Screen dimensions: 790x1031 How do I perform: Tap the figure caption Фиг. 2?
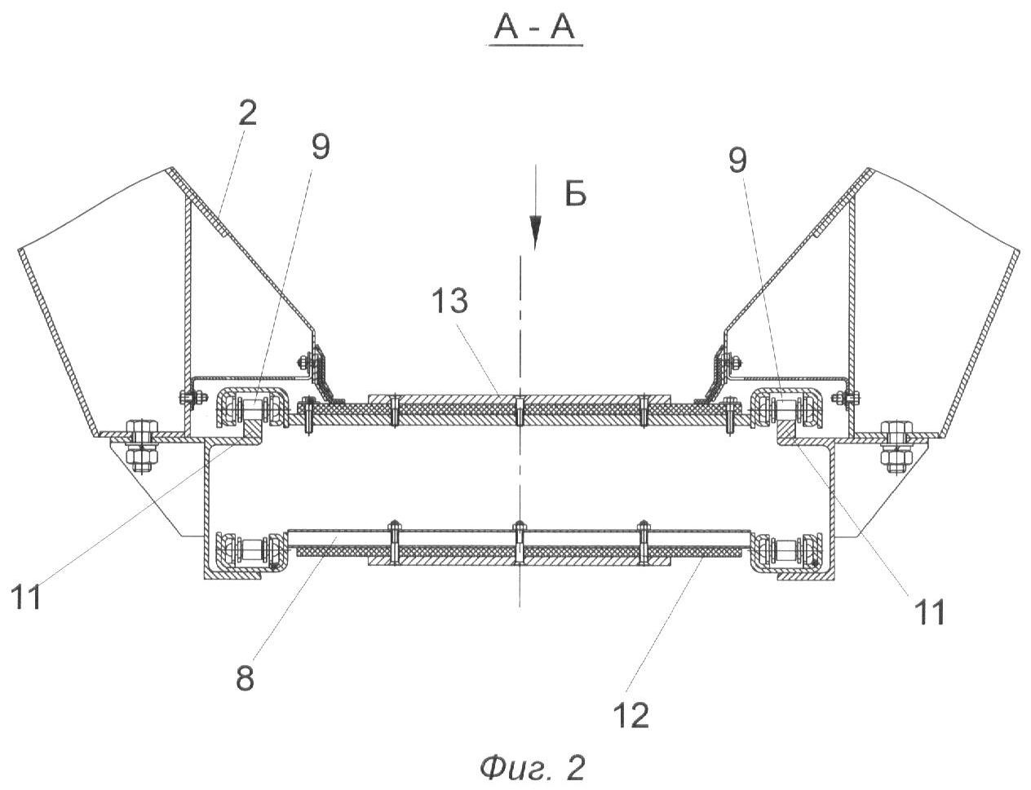(x=532, y=767)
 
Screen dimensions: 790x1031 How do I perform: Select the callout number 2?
(x=247, y=113)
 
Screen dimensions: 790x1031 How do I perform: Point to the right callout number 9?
(x=737, y=161)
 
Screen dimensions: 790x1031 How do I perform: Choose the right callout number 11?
(x=929, y=611)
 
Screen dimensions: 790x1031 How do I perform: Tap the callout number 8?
(x=245, y=677)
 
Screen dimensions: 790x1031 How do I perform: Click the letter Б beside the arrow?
(x=576, y=196)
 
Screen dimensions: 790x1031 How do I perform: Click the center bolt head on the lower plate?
(x=519, y=525)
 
